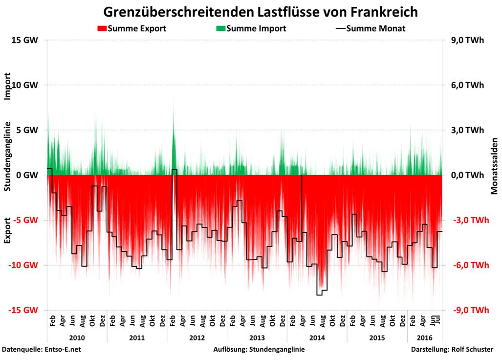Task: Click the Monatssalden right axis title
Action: click(x=494, y=174)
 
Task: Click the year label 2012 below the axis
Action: click(x=197, y=338)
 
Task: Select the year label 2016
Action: click(x=424, y=338)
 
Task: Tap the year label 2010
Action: click(x=77, y=338)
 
